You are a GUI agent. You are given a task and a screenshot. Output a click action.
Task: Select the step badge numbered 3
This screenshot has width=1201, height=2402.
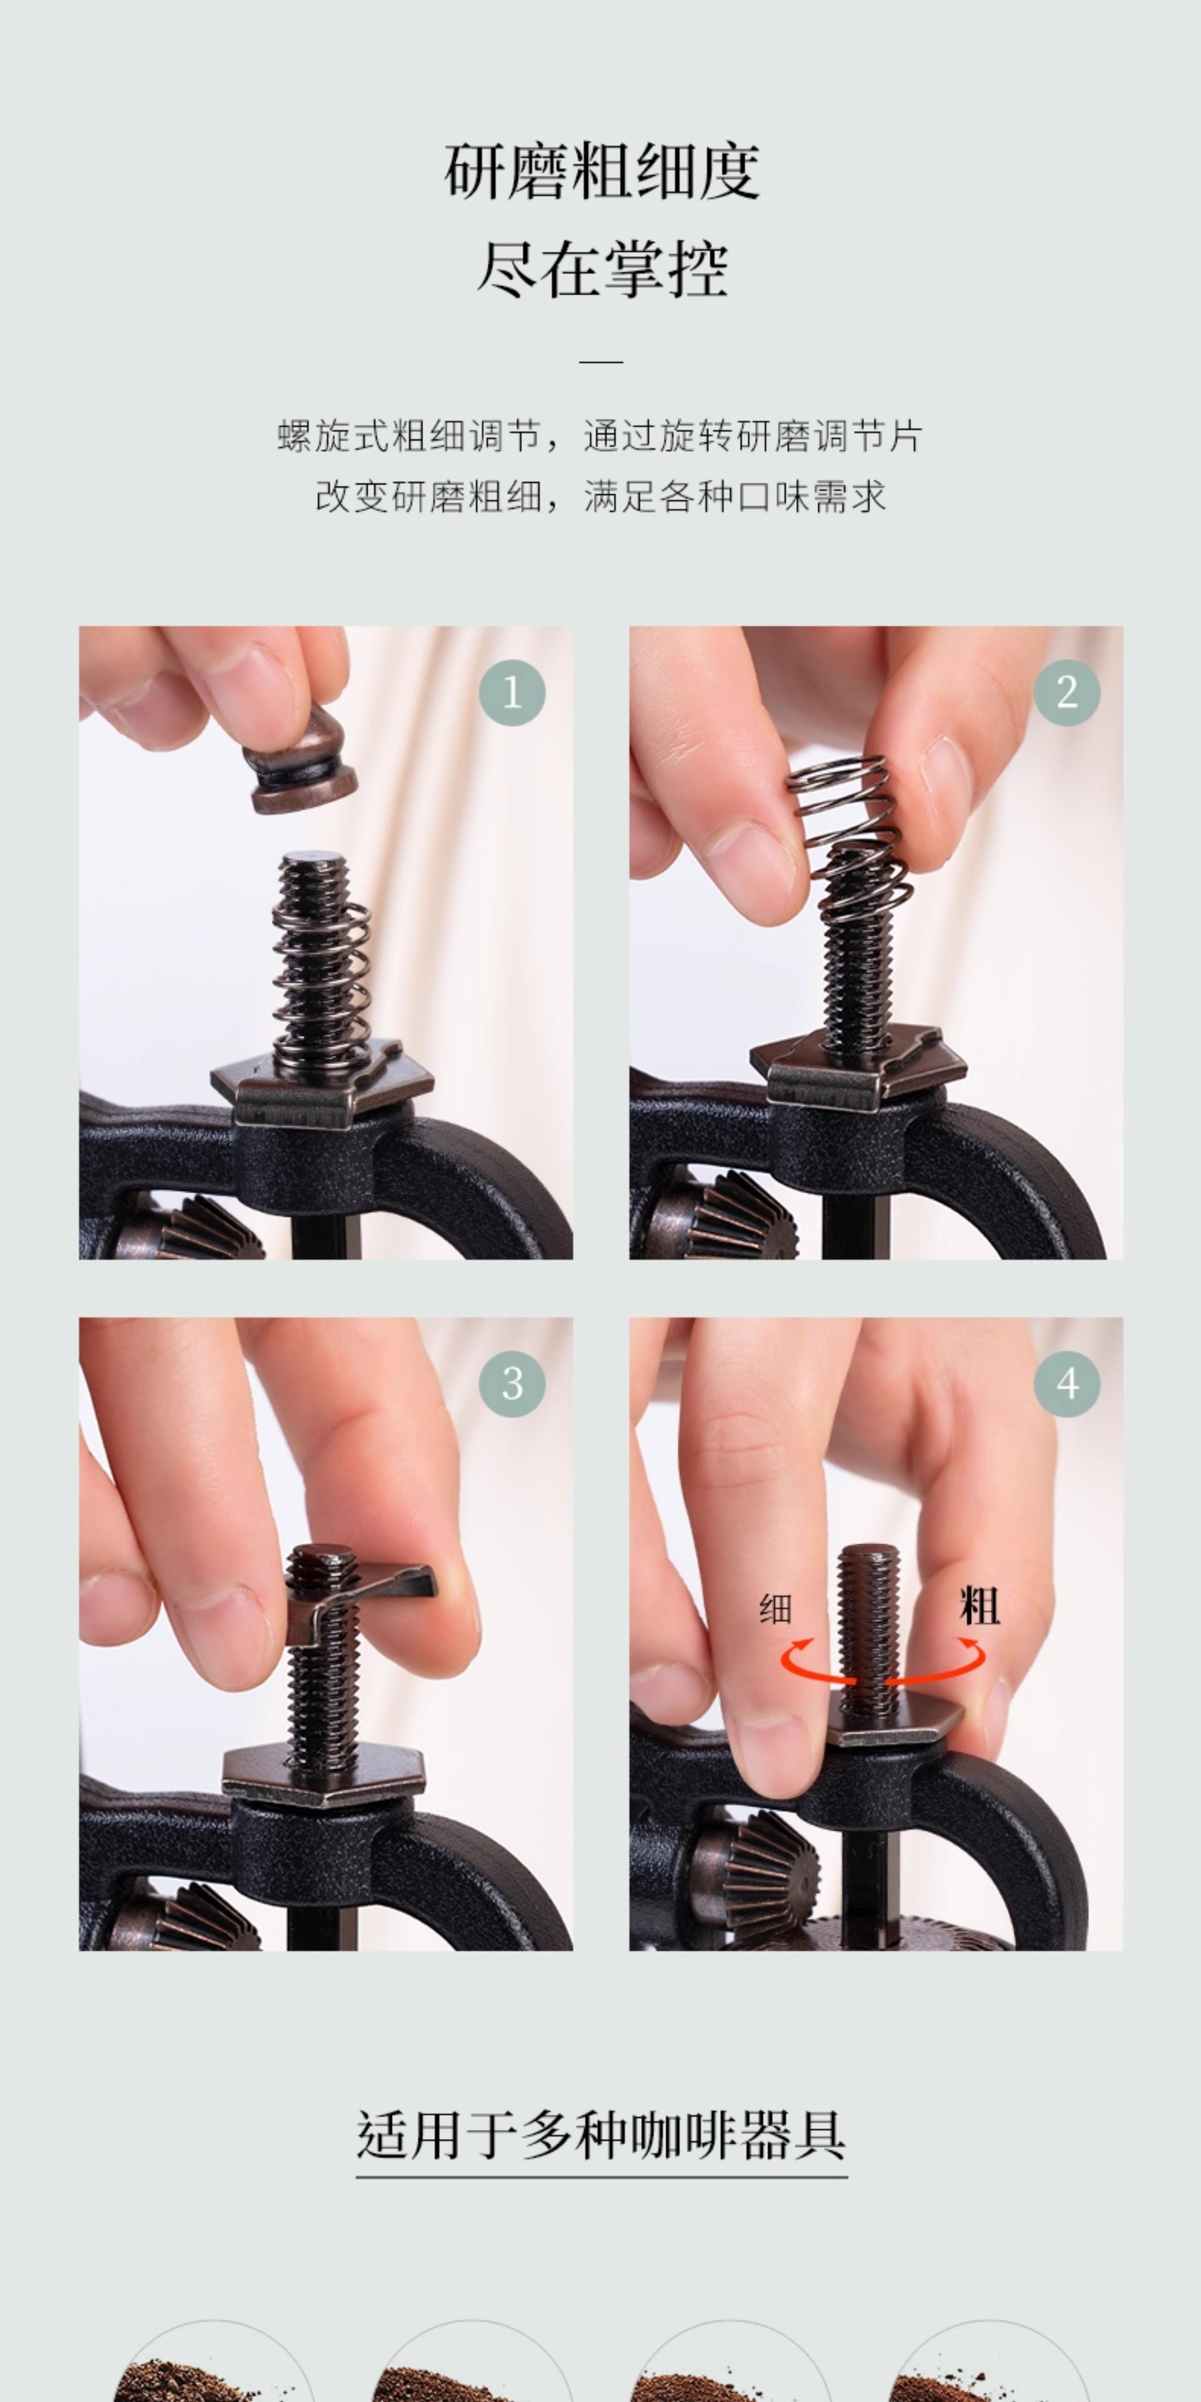click(512, 1384)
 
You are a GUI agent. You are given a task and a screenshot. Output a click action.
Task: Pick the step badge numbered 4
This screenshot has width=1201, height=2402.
click(1067, 1384)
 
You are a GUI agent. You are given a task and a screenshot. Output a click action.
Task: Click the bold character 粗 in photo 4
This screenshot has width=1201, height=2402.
click(979, 1606)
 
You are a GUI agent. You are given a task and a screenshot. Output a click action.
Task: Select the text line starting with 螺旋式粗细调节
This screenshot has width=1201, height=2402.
click(600, 436)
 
